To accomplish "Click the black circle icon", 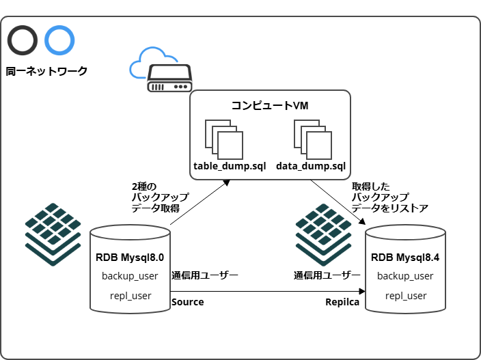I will (x=23, y=40).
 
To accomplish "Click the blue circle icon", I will (x=59, y=40).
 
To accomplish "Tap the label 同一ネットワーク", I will (x=46, y=70).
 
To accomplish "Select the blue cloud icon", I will (x=147, y=62).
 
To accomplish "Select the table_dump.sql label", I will (x=230, y=166).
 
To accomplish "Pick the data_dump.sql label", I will (x=311, y=166).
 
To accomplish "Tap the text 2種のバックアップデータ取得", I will (x=160, y=197).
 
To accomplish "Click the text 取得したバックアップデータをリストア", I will (x=389, y=197).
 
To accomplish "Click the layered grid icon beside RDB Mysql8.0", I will (x=53, y=232).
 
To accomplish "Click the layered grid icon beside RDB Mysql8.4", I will (x=323, y=232).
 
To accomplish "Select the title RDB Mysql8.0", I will (x=130, y=258).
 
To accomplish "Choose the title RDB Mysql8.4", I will (x=405, y=258).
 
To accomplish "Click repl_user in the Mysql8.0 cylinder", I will (x=130, y=296).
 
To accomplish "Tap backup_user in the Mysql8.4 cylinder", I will (x=405, y=276).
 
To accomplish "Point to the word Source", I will (x=188, y=302).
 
